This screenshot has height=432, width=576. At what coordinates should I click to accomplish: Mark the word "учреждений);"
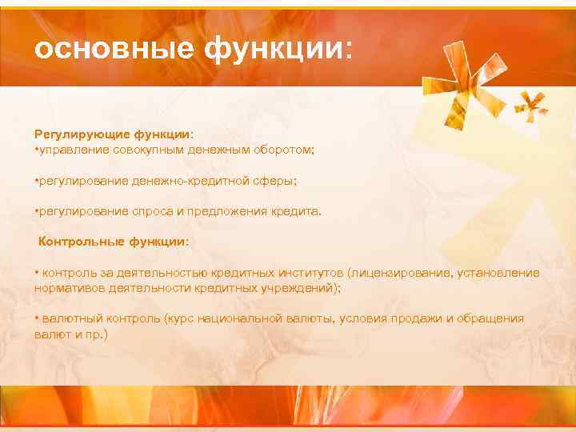(x=302, y=288)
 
